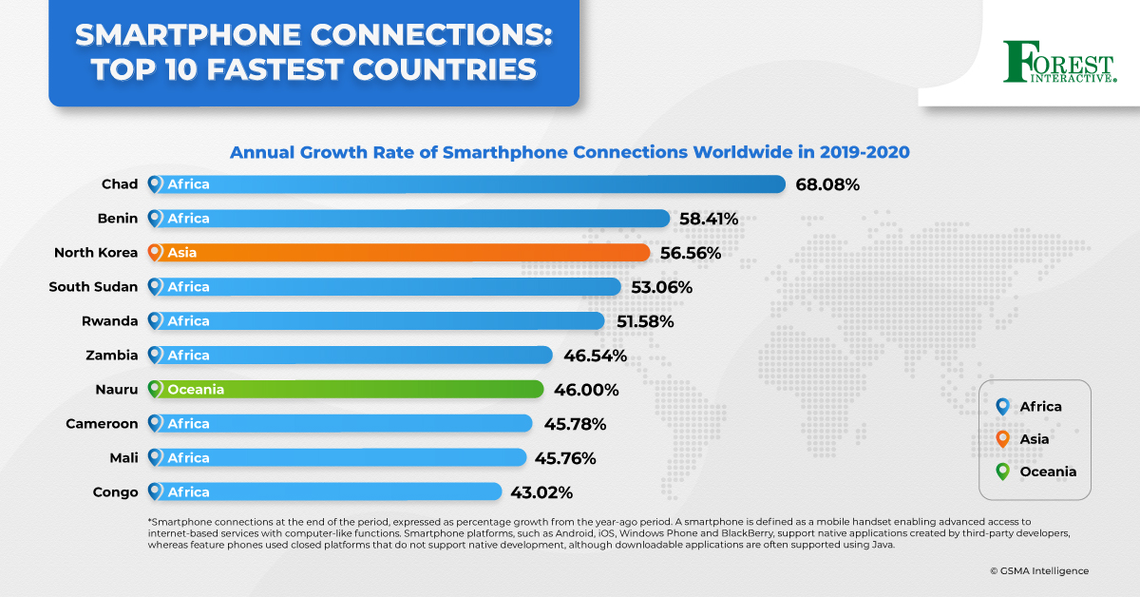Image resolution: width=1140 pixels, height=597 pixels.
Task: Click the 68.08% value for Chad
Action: click(826, 184)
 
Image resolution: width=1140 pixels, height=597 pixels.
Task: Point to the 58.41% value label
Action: click(709, 219)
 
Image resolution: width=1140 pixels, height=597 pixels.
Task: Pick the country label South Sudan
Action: click(93, 287)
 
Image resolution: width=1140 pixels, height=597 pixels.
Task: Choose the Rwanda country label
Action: click(110, 321)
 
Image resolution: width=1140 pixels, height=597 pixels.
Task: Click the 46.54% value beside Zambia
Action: click(594, 356)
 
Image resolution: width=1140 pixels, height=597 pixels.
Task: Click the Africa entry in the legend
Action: click(1040, 407)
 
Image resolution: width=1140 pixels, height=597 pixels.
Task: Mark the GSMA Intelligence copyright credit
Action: click(1038, 570)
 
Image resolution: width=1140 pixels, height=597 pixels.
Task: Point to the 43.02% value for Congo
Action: click(541, 492)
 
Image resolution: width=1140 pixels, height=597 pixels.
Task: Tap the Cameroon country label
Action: click(102, 424)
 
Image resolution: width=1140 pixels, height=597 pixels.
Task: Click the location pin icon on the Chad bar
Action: click(155, 184)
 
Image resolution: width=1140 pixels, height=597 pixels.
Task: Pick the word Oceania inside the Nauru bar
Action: click(196, 390)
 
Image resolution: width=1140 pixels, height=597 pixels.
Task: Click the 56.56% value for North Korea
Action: click(690, 253)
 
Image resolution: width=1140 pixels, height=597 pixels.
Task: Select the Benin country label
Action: click(119, 219)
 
